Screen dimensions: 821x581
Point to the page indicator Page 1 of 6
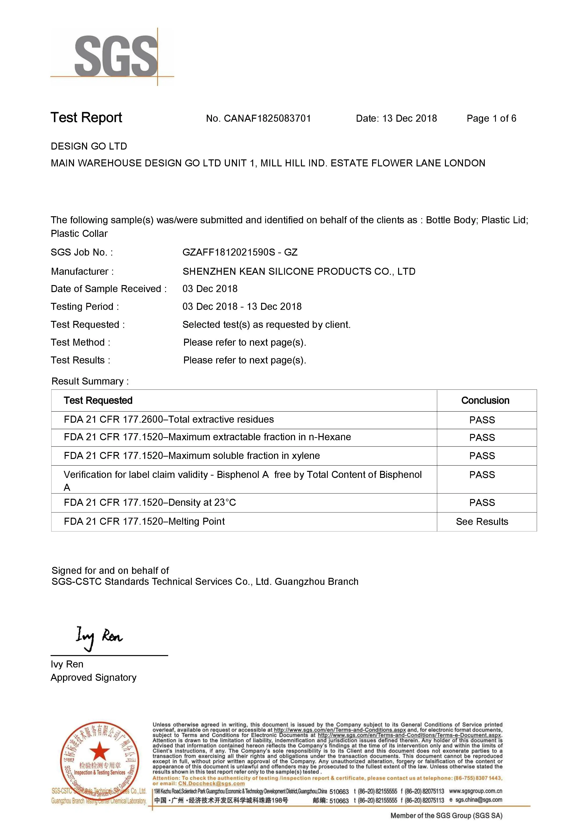click(491, 118)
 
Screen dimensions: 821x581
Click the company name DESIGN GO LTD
click(89, 146)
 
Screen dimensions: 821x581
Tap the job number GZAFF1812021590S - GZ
click(240, 253)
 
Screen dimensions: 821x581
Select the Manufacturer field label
click(82, 271)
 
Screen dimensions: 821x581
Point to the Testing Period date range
click(242, 306)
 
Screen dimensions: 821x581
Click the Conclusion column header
click(485, 400)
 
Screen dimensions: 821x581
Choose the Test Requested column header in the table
click(98, 400)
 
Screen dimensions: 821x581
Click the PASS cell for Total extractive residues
click(482, 420)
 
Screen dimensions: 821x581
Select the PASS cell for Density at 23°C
click(482, 503)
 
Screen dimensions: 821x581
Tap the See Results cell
click(482, 522)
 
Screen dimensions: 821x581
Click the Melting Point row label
click(144, 521)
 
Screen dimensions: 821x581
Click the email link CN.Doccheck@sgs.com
click(211, 784)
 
